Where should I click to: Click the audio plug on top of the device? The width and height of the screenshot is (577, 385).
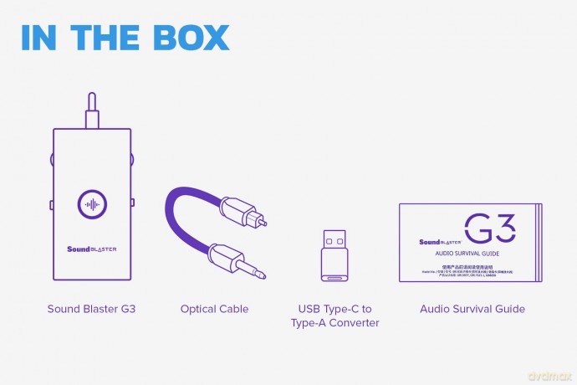(91, 111)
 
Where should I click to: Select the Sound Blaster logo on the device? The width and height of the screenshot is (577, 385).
(91, 249)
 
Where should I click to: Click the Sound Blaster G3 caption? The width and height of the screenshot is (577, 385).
(91, 309)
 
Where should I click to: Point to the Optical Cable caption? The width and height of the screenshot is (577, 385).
(214, 309)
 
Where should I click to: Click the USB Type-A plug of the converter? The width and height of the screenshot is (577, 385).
(334, 238)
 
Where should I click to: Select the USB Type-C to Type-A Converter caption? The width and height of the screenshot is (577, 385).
(334, 316)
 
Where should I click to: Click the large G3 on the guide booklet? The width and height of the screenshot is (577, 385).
(489, 227)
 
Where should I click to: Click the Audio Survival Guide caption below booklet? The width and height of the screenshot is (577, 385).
(472, 309)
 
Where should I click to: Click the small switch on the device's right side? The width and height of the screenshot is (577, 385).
(133, 202)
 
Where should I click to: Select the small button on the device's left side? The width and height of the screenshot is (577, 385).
(51, 205)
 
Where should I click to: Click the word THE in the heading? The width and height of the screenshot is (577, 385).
(110, 38)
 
